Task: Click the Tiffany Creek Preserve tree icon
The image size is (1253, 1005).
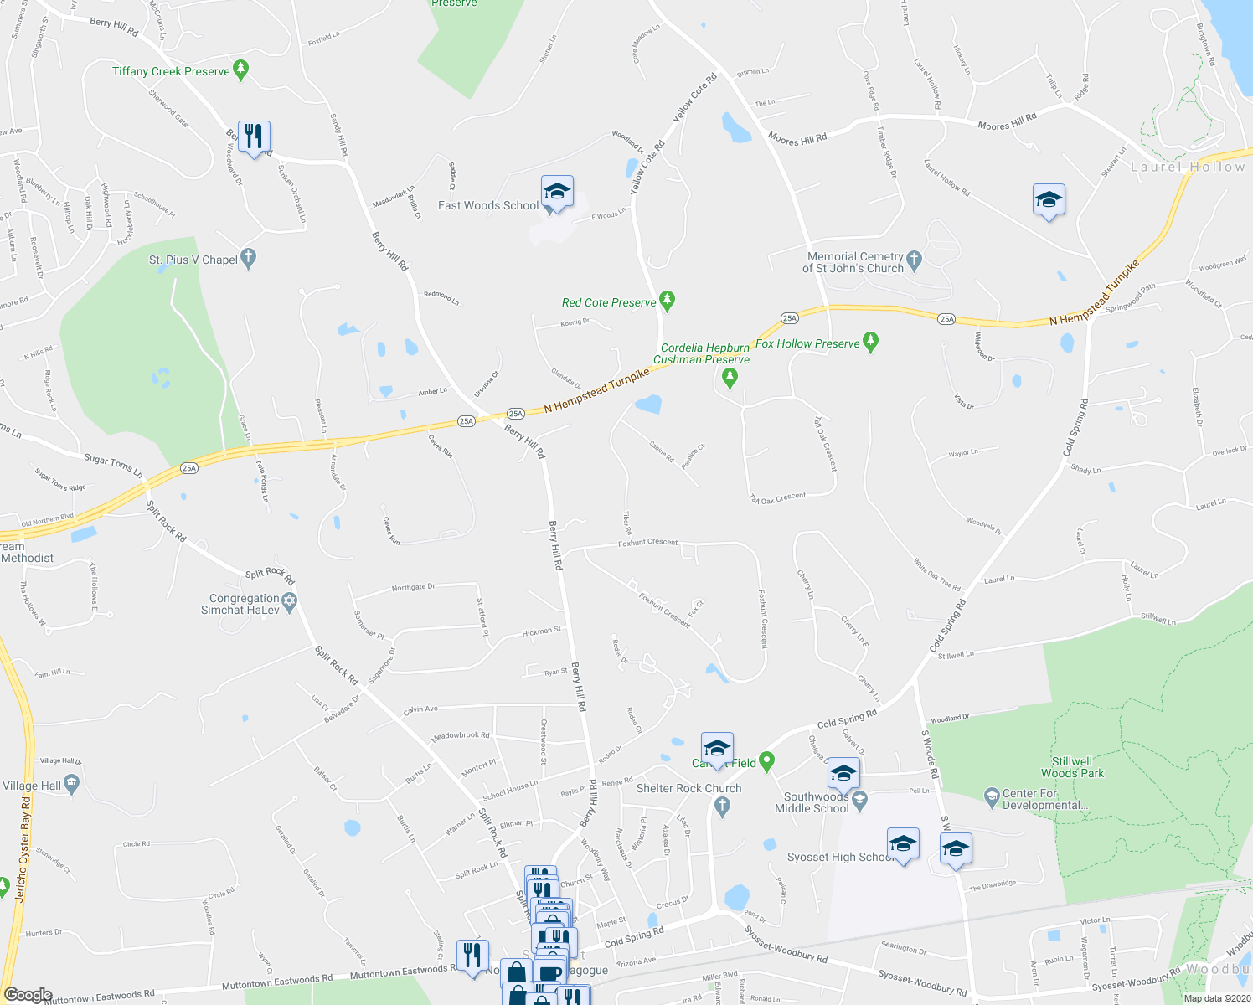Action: coord(241,70)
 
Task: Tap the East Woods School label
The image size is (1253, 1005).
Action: coord(488,205)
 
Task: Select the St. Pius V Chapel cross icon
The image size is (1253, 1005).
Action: coord(248,259)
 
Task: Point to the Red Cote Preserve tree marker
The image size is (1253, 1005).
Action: coord(667,301)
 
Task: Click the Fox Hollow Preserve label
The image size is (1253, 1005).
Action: coord(807,343)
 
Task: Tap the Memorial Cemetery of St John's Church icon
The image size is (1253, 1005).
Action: coord(914,261)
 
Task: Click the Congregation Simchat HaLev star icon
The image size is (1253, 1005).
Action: coord(290,602)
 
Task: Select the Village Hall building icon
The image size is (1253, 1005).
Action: coord(71,785)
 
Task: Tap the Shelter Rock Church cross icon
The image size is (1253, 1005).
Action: coord(723,807)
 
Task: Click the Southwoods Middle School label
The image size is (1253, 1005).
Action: coord(816,802)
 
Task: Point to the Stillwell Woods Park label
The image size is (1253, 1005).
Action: coord(1072,767)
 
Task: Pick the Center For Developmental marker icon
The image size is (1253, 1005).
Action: coord(992,795)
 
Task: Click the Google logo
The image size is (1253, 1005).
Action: coord(28,994)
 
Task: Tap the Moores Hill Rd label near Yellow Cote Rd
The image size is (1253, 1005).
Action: coord(797,139)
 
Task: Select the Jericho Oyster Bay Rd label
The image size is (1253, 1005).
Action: coord(23,848)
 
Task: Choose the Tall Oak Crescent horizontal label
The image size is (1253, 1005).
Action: coord(778,497)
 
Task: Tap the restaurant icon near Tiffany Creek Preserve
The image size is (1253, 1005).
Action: coord(254,136)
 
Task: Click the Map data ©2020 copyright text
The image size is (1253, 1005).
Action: coord(1216,998)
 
